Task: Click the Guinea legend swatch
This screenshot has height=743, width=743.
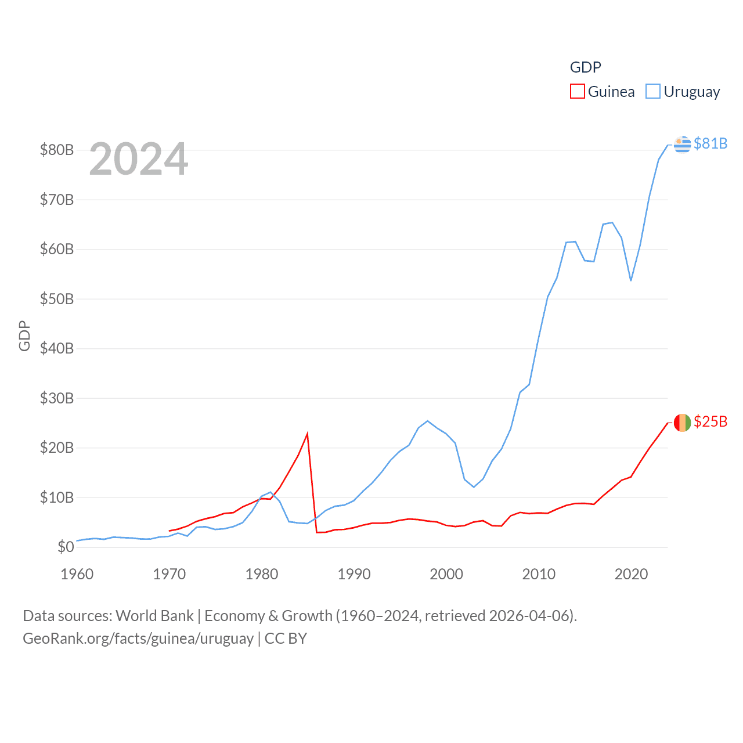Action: point(577,92)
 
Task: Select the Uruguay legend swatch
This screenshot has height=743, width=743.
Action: point(653,92)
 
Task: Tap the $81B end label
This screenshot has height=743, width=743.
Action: point(710,143)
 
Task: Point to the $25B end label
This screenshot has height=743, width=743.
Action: point(710,421)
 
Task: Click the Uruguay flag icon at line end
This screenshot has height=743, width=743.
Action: point(683,144)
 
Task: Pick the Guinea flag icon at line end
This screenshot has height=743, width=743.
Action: point(683,423)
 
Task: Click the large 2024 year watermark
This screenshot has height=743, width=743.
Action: point(138,159)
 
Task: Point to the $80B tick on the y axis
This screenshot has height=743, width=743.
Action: point(57,150)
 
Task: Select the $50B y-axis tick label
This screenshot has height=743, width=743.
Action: point(57,299)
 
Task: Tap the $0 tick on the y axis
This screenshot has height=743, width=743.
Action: point(66,547)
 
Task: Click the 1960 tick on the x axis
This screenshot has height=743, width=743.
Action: point(77,574)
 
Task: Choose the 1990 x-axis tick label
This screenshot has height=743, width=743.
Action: point(354,574)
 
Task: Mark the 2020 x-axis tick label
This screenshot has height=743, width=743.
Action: point(631,574)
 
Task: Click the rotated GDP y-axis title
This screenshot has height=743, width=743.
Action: point(24,336)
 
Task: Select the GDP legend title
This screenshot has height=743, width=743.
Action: point(585,67)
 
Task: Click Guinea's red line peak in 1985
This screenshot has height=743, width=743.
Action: point(307,434)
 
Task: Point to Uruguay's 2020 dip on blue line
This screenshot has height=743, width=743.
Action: point(631,280)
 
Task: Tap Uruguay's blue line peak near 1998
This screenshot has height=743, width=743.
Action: point(427,421)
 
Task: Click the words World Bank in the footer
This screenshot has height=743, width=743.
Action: point(155,615)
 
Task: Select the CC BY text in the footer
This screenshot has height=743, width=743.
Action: point(286,639)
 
